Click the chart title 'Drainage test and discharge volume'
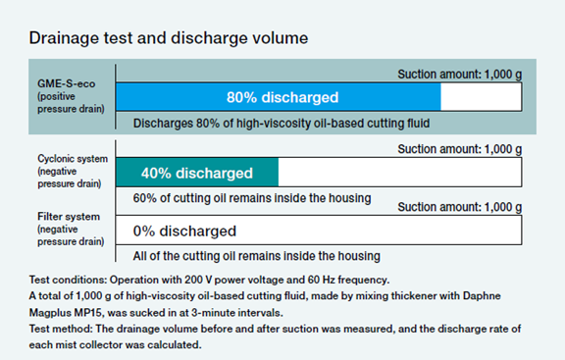pos(169,38)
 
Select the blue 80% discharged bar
pos(279,97)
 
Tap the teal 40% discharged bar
pos(197,173)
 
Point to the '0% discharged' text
pos(184,231)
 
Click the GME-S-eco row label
pos(71,96)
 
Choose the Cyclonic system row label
pos(73,171)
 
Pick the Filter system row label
pos(71,229)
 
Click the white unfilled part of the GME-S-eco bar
pos(481,97)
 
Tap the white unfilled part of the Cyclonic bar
pos(399,173)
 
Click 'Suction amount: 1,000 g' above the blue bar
pos(459,75)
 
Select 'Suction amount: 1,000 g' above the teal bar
pos(459,149)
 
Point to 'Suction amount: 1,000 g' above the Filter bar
pos(459,207)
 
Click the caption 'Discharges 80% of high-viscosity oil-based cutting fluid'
pos(282,124)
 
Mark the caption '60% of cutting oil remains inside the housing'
pos(252,198)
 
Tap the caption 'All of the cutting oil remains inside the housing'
pos(257,256)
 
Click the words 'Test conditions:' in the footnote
pos(68,280)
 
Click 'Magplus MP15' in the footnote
pos(67,313)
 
